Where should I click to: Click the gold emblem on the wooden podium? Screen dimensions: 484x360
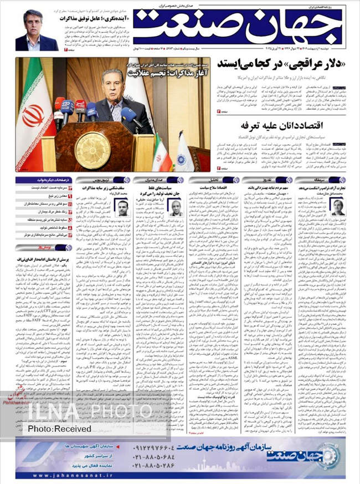coord(92,150)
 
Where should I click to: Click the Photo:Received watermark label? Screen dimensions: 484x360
coord(59,429)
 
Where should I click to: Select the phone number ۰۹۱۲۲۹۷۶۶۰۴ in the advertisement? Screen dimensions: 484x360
coord(158,447)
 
